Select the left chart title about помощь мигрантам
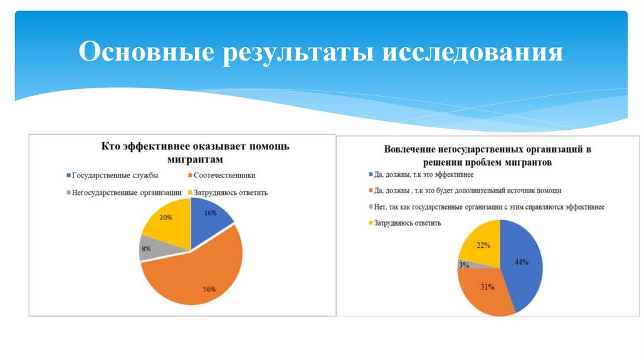coord(196,153)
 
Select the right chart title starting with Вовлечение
coord(487,156)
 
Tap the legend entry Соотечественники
coord(224,176)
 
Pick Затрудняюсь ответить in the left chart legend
coord(231,193)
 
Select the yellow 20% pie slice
coord(166,220)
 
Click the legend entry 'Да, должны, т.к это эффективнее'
coord(423,174)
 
